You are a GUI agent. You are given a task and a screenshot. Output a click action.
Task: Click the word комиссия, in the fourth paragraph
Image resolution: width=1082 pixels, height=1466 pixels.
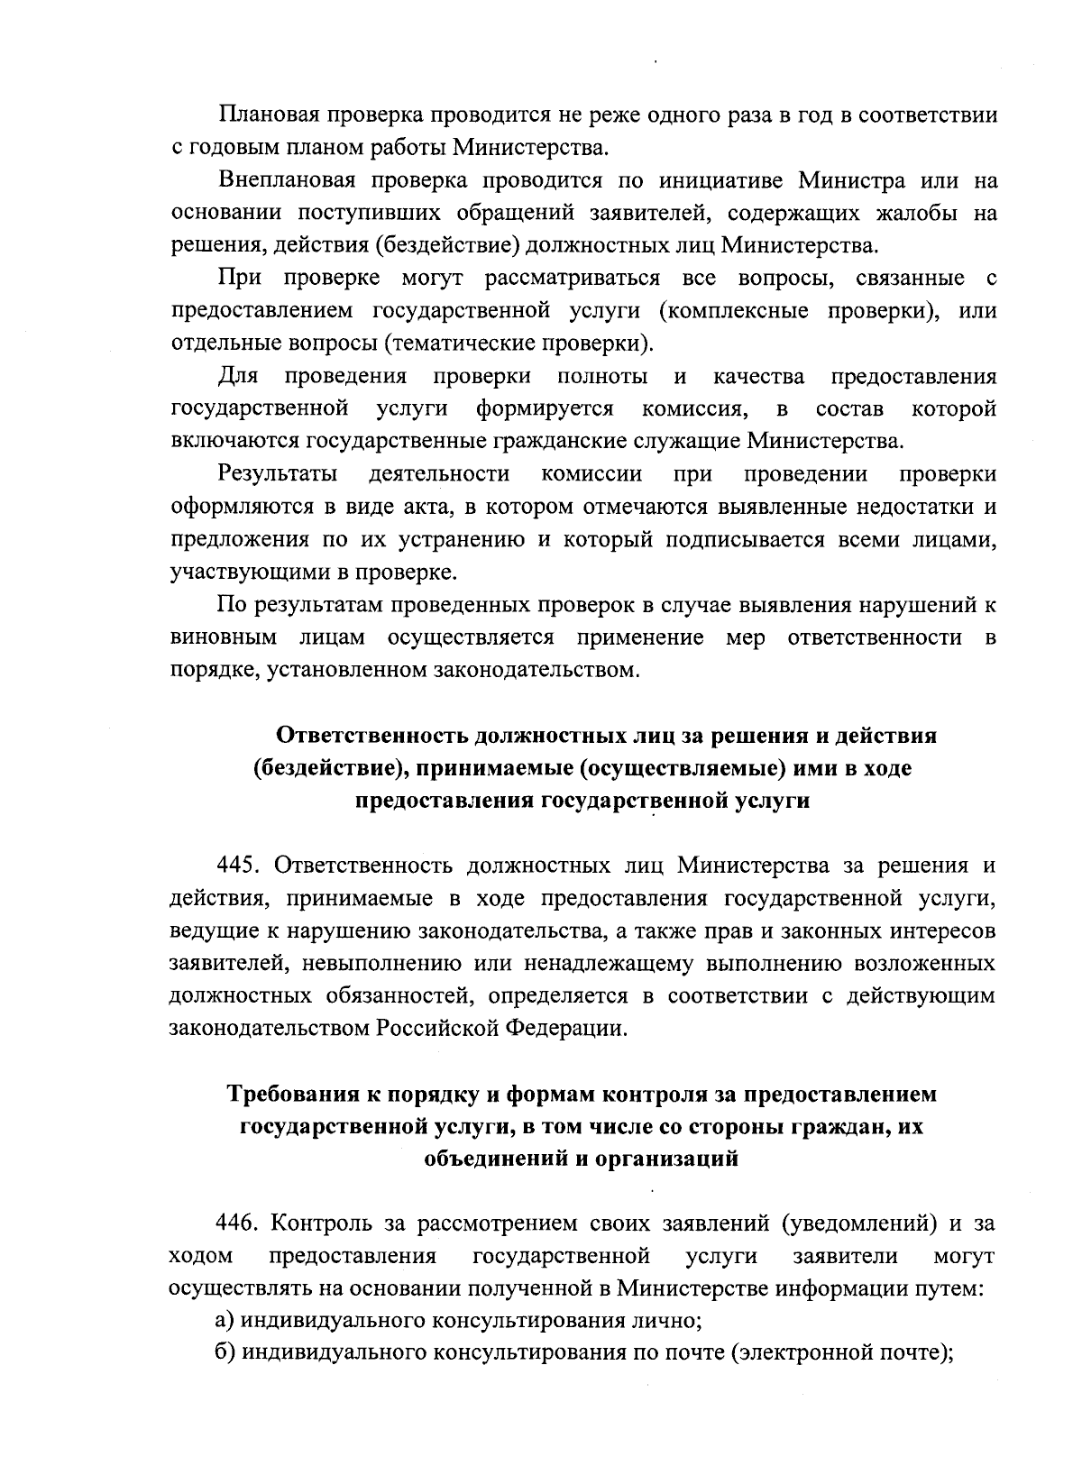click(695, 408)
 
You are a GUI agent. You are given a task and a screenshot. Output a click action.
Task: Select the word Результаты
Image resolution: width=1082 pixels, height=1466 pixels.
click(278, 474)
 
